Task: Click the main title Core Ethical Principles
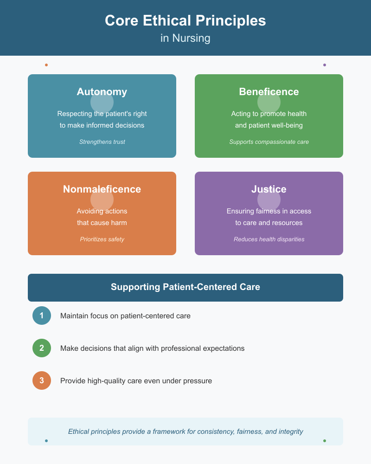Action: (185, 21)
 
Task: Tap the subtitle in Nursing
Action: (185, 38)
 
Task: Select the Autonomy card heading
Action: (102, 92)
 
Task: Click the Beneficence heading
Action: (269, 92)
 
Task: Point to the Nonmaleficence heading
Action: (102, 189)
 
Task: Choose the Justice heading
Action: (269, 189)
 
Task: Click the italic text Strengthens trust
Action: (102, 142)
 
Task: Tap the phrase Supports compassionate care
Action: (269, 142)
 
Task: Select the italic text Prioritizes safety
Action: (102, 239)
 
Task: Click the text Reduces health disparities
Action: (269, 239)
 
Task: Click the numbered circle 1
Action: (42, 316)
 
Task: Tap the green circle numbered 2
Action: (42, 348)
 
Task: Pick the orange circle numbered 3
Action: (42, 380)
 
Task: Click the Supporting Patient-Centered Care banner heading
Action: (185, 287)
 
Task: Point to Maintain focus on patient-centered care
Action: (125, 316)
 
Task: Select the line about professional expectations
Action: (152, 348)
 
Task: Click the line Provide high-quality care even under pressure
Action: (136, 381)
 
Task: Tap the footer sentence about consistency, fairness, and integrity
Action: (185, 432)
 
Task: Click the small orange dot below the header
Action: (46, 65)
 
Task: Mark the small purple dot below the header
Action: (325, 65)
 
